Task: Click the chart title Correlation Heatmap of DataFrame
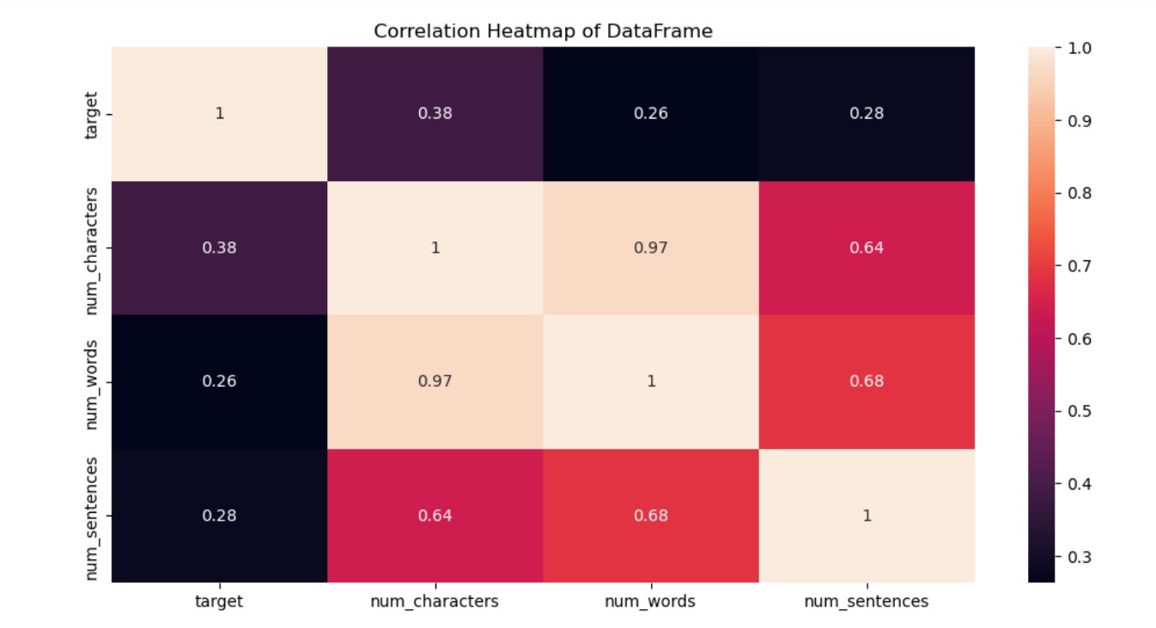click(543, 31)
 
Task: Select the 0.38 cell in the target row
click(435, 113)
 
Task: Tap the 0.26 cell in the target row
click(651, 113)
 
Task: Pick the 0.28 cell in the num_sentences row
click(219, 515)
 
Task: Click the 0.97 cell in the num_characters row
click(651, 247)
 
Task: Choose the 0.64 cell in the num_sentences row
click(435, 515)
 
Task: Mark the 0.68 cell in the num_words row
click(867, 381)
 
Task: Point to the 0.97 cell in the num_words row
click(435, 381)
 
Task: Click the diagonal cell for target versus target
click(219, 113)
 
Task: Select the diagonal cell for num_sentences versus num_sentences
click(867, 515)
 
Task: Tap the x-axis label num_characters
click(435, 602)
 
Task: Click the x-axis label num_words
click(651, 602)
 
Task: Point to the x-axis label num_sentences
click(867, 602)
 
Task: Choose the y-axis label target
click(92, 113)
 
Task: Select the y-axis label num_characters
click(92, 247)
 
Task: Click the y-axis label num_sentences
click(92, 518)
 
